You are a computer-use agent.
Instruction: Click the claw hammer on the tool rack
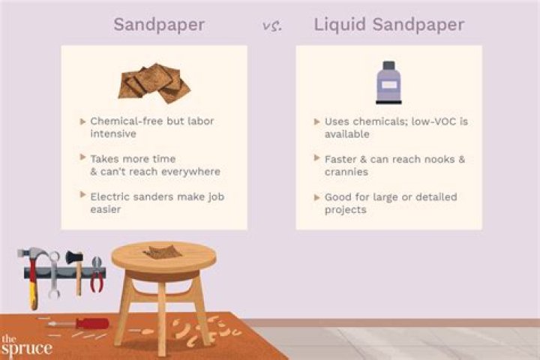pyautogui.click(x=32, y=274)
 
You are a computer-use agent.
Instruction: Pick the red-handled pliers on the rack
pyautogui.click(x=97, y=274)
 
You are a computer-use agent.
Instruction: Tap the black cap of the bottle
pyautogui.click(x=388, y=64)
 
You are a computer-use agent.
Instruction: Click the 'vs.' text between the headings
pyautogui.click(x=271, y=26)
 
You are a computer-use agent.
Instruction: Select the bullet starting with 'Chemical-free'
pyautogui.click(x=156, y=127)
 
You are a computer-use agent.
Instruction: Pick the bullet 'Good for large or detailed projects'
pyautogui.click(x=391, y=203)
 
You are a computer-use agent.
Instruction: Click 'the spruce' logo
pyautogui.click(x=26, y=346)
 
